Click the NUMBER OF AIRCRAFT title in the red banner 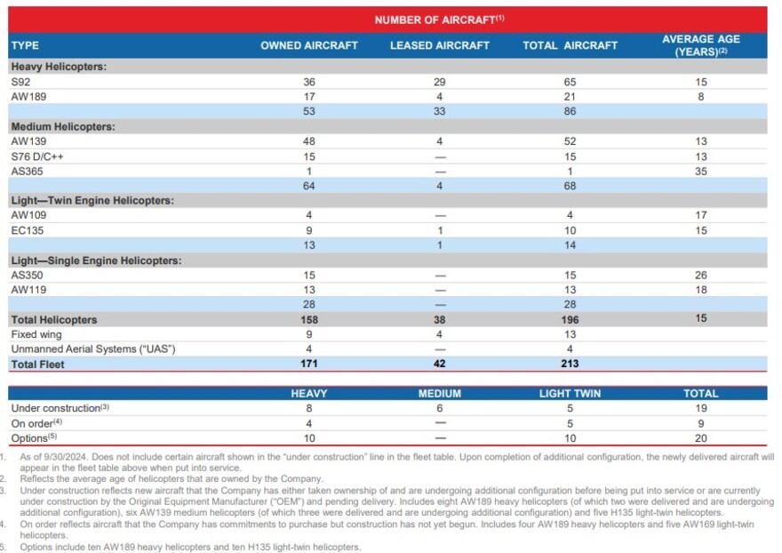439,20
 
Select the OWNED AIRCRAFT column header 308,45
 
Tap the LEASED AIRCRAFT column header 439,45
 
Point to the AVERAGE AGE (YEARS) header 701,45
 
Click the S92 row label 20,82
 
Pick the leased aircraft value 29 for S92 439,82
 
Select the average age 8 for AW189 701,96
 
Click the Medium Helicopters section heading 63,127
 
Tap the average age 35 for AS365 701,172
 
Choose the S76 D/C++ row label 37,156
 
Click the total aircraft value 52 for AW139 570,141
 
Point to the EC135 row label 27,230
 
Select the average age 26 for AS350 701,275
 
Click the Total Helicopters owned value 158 309,319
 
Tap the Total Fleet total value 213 570,364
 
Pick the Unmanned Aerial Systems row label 93,349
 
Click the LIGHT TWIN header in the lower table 570,393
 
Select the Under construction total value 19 701,408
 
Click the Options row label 34,437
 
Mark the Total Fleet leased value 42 439,364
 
